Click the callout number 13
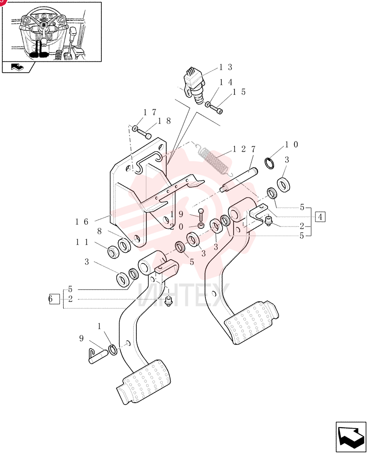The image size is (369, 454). tap(225, 67)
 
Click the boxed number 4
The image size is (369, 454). tap(320, 217)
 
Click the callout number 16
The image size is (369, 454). tap(82, 222)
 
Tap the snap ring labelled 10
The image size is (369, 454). tap(270, 163)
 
